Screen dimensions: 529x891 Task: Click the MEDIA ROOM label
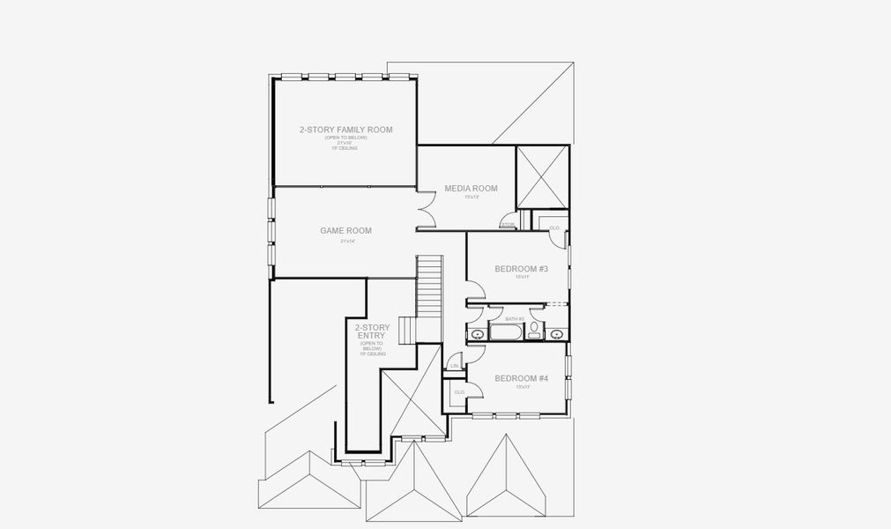tap(471, 188)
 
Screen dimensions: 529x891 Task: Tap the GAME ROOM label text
tap(345, 230)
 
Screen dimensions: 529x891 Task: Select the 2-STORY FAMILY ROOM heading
tap(345, 130)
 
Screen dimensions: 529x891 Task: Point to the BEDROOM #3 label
tap(522, 269)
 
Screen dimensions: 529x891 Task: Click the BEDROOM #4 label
tap(522, 378)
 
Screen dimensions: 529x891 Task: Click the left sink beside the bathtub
tap(477, 334)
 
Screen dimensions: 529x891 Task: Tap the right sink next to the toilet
tap(557, 334)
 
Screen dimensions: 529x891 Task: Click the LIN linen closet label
tap(455, 365)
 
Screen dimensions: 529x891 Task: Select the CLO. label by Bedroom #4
tap(459, 391)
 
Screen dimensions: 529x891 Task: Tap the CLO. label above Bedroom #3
tap(554, 227)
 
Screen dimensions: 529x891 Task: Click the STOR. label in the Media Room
tap(508, 225)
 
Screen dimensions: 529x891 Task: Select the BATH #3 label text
tap(515, 318)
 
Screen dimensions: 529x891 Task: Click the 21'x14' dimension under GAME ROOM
tap(345, 241)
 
